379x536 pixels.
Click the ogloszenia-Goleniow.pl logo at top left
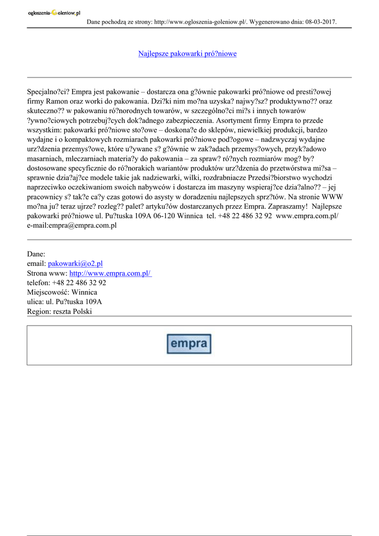pos(54,13)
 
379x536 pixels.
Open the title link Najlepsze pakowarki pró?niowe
pos(187,54)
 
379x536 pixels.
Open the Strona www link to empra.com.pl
pos(110,273)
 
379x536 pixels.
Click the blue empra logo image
pos(189,344)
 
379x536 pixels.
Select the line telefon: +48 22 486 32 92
pos(66,283)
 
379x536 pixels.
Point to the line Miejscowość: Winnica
pos(62,292)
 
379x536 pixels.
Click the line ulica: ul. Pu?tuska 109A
pos(64,302)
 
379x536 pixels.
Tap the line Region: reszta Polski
pos(59,311)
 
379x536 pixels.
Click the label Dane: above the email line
pos(36,254)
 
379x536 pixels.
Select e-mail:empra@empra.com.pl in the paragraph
pos(72,225)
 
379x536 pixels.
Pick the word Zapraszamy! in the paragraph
pos(286,206)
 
